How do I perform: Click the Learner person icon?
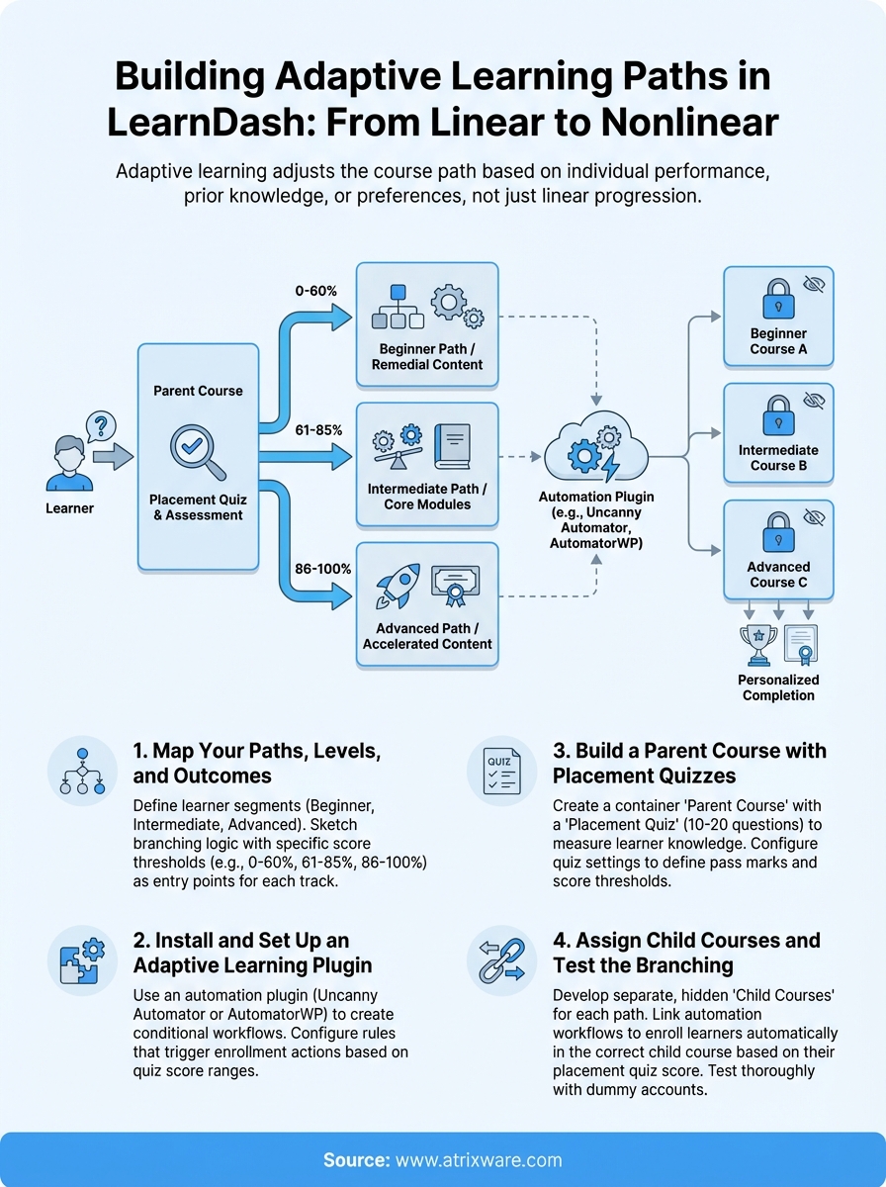point(69,465)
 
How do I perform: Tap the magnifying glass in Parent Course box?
point(198,450)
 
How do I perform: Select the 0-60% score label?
point(315,292)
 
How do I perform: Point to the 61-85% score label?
point(318,430)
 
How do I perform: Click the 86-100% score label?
point(321,570)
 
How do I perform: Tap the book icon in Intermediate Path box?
point(452,447)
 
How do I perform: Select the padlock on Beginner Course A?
point(777,298)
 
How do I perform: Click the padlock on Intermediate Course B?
point(777,414)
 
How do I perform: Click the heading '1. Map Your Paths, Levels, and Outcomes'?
point(257,764)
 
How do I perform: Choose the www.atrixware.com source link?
point(479,1160)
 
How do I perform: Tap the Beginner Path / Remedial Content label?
point(427,357)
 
